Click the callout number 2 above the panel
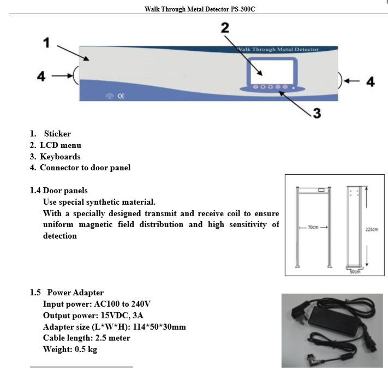(x=224, y=28)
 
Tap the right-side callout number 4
(x=370, y=81)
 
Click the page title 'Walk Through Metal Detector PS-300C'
(x=200, y=9)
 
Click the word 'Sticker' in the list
(x=57, y=134)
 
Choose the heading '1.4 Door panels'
(x=58, y=191)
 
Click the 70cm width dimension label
(x=313, y=227)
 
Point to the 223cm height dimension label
(x=372, y=229)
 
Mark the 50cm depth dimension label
(x=355, y=271)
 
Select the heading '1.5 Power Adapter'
(x=67, y=293)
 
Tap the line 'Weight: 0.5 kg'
(x=70, y=349)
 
